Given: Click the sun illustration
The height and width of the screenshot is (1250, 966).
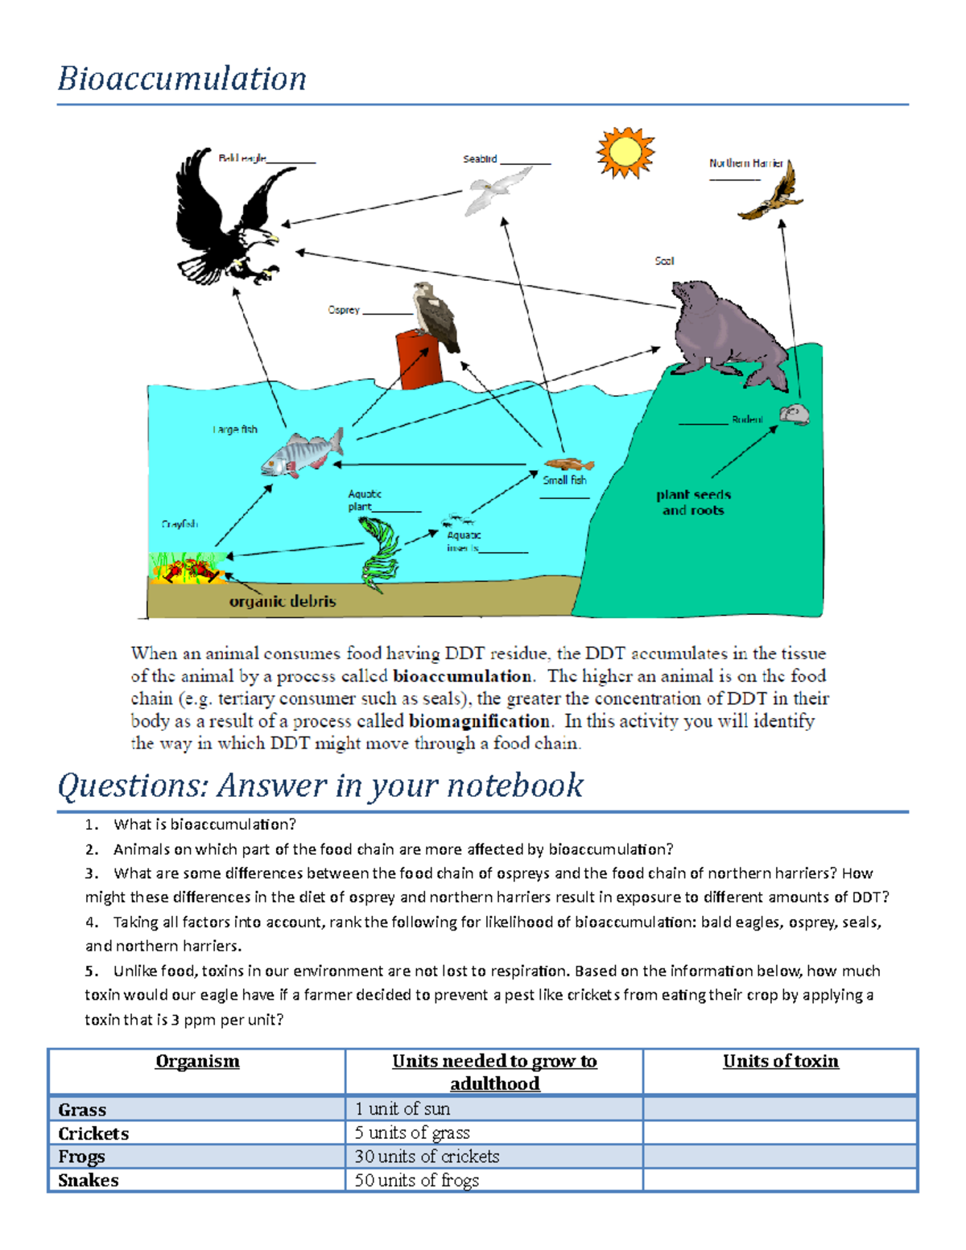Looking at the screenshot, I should tap(625, 152).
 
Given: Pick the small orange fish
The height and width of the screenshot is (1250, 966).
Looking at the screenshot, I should tap(568, 464).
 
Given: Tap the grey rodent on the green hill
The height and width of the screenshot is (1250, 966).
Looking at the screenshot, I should tap(794, 415).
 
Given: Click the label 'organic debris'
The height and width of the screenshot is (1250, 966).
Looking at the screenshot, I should tap(282, 601).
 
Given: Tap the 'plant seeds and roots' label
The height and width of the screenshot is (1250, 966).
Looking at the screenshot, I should tap(693, 502).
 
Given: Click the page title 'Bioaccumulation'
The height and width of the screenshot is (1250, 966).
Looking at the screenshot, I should tap(182, 79).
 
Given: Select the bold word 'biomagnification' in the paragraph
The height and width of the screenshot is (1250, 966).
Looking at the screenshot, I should tap(479, 721).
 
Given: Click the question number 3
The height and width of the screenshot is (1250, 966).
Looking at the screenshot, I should tap(91, 873).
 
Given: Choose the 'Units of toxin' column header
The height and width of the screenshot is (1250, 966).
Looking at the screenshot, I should tap(780, 1062).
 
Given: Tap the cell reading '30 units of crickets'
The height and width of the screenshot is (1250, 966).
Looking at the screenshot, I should tap(427, 1157).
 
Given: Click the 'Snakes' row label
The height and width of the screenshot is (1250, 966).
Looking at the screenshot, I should tap(89, 1181).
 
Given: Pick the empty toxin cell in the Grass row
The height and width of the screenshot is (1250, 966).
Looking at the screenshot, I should tap(780, 1109).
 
